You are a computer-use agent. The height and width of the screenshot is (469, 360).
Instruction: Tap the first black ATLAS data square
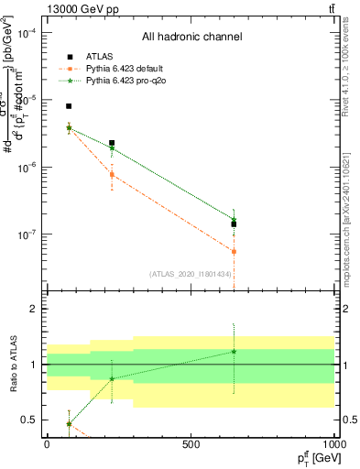69,106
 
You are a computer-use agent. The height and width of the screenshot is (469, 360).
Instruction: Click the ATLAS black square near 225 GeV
112,143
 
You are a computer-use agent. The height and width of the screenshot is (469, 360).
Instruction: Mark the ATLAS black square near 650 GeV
234,224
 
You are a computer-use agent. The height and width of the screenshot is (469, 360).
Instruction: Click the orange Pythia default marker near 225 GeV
112,174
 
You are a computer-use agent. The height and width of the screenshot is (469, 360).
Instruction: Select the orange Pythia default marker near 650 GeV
234,251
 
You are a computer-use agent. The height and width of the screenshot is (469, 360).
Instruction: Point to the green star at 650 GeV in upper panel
234,219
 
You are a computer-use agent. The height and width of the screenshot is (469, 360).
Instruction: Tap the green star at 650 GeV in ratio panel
234,352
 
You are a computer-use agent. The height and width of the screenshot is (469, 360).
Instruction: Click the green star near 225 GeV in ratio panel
112,378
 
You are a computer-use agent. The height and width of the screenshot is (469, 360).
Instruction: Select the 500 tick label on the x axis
191,443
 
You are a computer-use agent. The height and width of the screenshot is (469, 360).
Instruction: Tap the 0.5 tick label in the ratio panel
31,420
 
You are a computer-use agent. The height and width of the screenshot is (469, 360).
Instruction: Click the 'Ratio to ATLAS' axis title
11,365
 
